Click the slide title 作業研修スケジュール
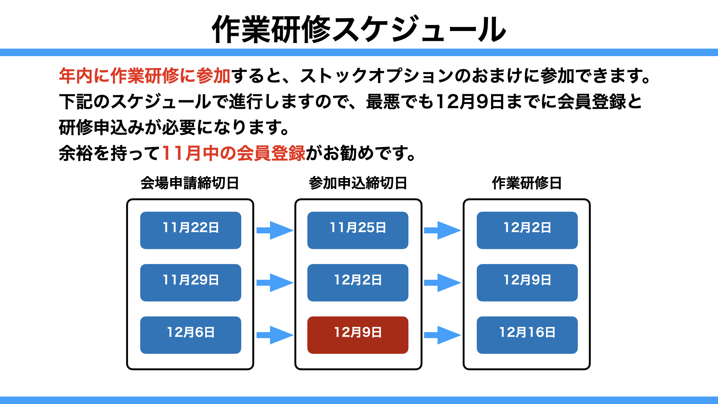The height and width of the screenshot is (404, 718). point(359,29)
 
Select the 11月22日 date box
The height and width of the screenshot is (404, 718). point(191,230)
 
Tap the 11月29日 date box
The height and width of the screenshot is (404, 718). point(191,283)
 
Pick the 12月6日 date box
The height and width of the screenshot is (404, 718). point(191,335)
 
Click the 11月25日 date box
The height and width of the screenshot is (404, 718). point(358,230)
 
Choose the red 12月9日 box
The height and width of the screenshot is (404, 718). point(358,335)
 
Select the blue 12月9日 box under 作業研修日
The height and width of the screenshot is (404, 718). point(527,283)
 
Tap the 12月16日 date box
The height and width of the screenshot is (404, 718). point(527,335)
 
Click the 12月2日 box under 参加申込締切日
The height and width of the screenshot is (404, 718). point(358,283)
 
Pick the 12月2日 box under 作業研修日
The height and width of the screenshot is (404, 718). point(527,230)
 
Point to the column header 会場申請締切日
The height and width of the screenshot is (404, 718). point(190,183)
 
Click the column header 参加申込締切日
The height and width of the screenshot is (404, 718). point(358,183)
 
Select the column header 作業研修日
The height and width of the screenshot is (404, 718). point(527,183)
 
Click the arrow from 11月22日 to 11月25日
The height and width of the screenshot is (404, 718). point(275,230)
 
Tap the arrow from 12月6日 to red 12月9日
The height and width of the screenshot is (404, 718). point(275,335)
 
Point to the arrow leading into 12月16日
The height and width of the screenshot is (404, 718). point(442,335)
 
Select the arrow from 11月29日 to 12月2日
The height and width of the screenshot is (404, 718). point(275,283)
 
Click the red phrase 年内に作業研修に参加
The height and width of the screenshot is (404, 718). point(145,76)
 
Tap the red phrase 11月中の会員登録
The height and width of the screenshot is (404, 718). point(234,153)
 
